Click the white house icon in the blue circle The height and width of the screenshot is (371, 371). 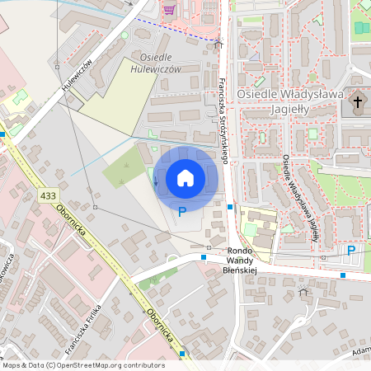tap(185, 177)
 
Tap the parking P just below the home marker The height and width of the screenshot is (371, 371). tap(182, 212)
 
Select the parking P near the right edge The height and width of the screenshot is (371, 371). tap(351, 251)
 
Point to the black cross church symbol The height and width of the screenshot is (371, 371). tap(357, 103)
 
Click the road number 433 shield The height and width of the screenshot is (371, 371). tap(48, 195)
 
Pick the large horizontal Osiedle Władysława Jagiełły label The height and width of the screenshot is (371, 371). tap(289, 95)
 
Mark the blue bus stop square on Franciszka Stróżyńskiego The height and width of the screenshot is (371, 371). tap(231, 207)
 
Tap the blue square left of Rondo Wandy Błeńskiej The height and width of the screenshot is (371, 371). tap(204, 257)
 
